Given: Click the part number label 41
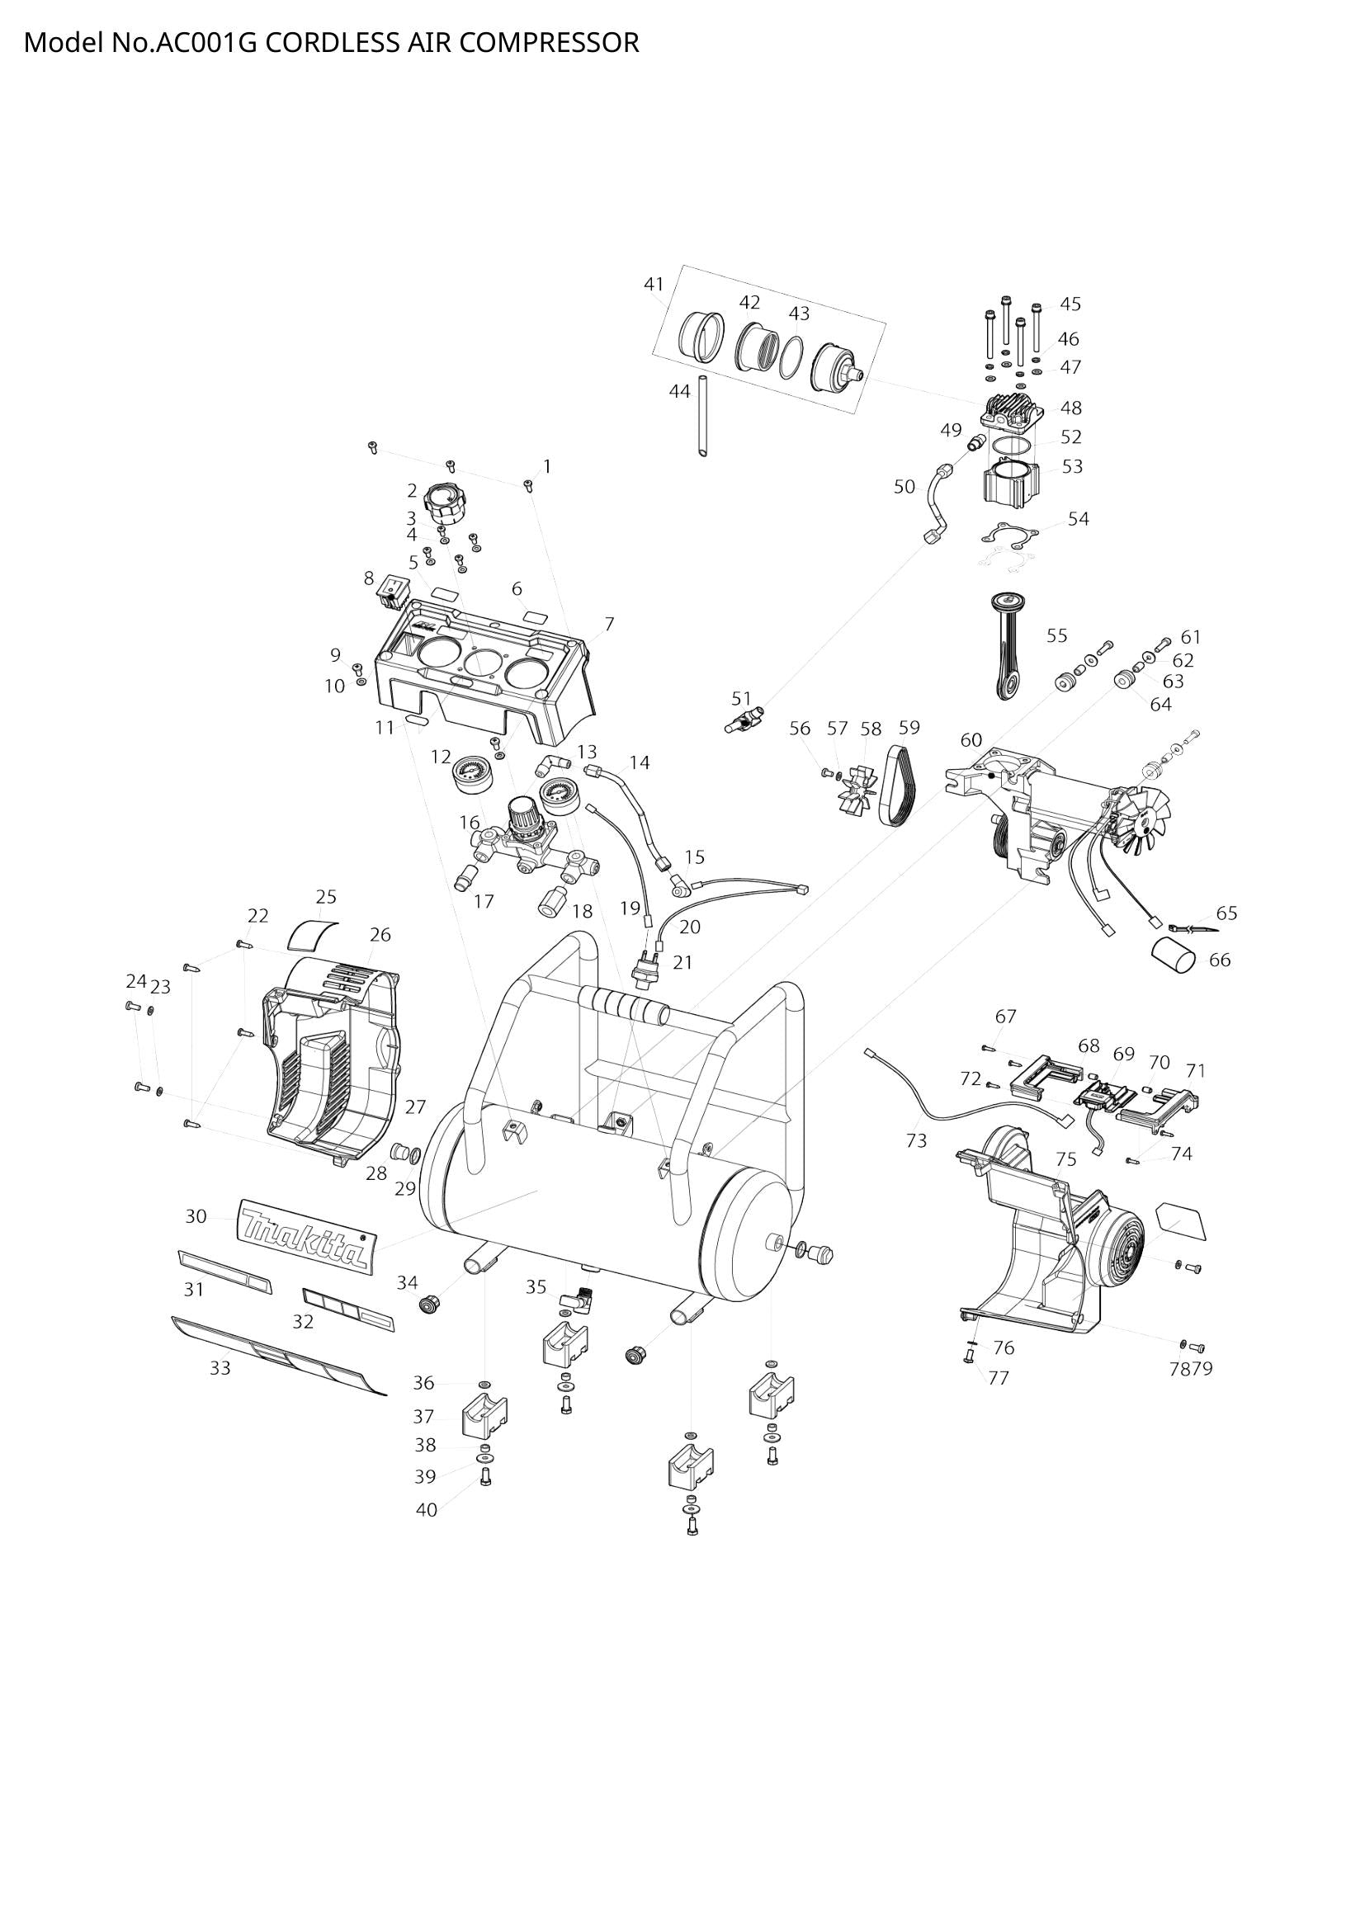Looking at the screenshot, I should (654, 284).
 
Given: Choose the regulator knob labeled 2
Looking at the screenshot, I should (442, 504).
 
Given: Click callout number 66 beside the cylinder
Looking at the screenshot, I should (1219, 959).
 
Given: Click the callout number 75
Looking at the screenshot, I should (1065, 1159).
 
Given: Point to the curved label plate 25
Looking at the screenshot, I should (313, 933).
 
